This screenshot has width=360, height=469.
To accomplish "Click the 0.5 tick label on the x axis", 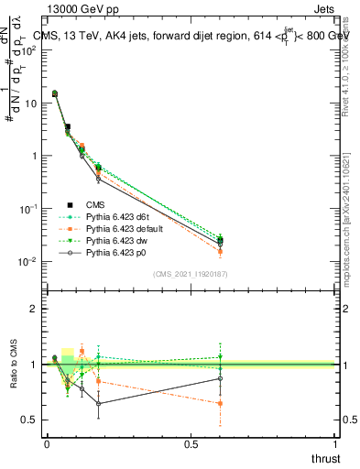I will tap(191, 444).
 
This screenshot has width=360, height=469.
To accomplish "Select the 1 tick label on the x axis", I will tap(335, 444).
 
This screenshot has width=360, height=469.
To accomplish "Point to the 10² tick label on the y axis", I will tap(29, 50).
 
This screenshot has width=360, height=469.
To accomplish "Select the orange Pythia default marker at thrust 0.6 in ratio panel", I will tap(221, 403).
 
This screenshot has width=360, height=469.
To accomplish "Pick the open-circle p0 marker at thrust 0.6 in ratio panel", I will tap(221, 378).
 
